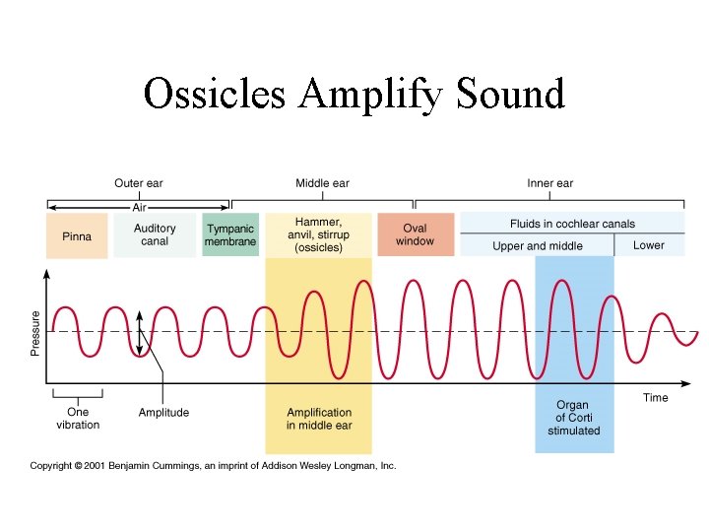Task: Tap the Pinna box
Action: coord(77,236)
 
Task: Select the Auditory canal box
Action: coord(155,234)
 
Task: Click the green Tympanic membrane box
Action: coord(230,234)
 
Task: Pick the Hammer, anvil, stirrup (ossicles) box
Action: coord(318,235)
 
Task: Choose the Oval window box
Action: coord(415,234)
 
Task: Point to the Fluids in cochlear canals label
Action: coord(572,224)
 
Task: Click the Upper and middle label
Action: coord(538,246)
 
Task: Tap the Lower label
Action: coord(649,245)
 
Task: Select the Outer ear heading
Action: coord(139,183)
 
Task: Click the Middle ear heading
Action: coord(322,183)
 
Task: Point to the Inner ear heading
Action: coord(549,183)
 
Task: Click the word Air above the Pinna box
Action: coord(139,207)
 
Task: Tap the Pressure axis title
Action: coord(36,333)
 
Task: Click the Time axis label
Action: coord(655,398)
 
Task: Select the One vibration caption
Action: coord(78,419)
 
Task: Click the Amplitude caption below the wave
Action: coord(163,413)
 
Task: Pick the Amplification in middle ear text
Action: coord(318,419)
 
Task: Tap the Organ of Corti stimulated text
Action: coord(573,418)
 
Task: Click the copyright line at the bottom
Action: coord(213,465)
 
